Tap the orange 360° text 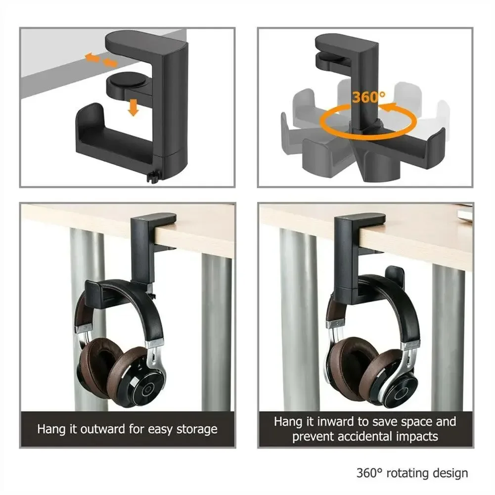point(369,97)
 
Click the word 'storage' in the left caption point(196,428)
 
